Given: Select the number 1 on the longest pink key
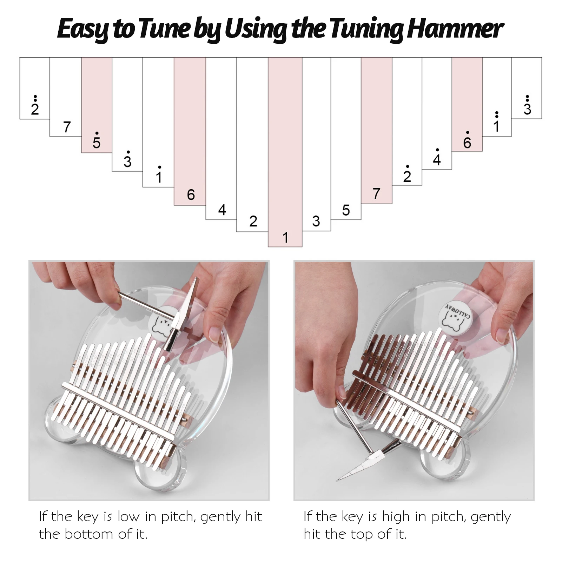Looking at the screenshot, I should click(x=285, y=238).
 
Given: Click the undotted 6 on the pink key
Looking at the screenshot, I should click(x=191, y=194).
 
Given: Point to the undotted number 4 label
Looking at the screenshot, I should click(x=222, y=210).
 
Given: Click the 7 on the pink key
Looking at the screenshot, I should click(x=376, y=193).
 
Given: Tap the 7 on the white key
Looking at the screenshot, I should click(x=67, y=127).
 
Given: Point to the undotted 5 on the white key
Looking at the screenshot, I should click(x=346, y=210).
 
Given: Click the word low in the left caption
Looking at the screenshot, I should click(x=129, y=516).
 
